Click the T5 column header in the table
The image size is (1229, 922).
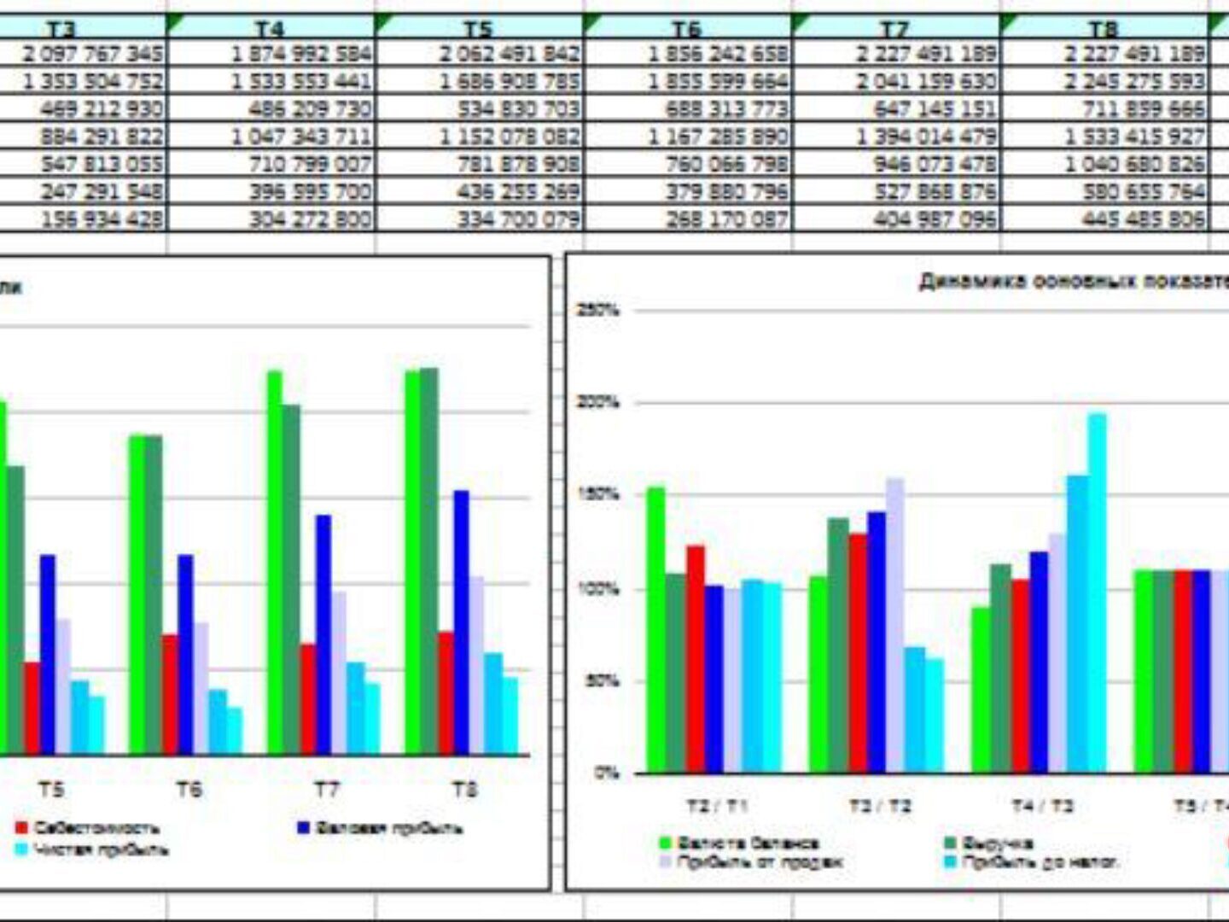pyautogui.click(x=478, y=28)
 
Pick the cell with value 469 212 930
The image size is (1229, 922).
pyautogui.click(x=101, y=109)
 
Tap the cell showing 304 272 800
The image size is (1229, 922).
pyautogui.click(x=310, y=219)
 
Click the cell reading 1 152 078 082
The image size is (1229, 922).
pyautogui.click(x=510, y=137)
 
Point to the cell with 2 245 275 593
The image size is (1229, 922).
pyautogui.click(x=1134, y=82)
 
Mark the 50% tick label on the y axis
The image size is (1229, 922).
pyautogui.click(x=601, y=681)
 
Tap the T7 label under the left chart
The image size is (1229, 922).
pyautogui.click(x=327, y=790)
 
